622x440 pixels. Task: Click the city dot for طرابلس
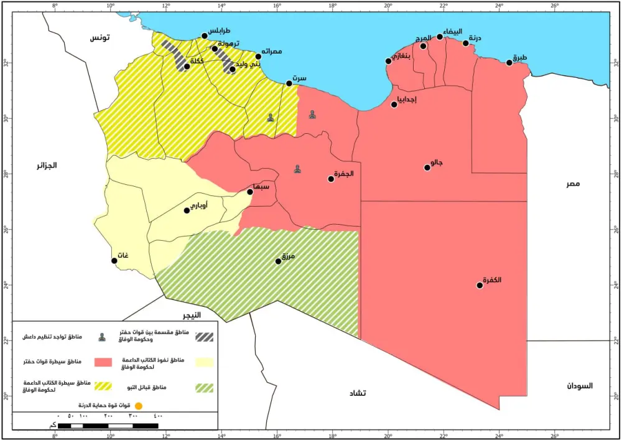tap(205, 36)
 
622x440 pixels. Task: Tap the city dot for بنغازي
tap(389, 61)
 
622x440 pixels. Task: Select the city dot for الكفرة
tap(480, 286)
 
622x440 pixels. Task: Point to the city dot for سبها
tap(250, 192)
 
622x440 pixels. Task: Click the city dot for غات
tap(114, 261)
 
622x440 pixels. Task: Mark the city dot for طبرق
tap(509, 63)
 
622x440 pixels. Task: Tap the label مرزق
tap(287, 256)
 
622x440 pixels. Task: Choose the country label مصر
tap(573, 184)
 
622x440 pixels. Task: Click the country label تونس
tap(100, 38)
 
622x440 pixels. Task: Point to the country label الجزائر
tap(47, 166)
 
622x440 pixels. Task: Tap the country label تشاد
tap(358, 393)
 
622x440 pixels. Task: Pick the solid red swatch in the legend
tap(103, 362)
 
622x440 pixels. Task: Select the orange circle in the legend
tap(139, 406)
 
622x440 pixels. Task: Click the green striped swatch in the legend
tap(204, 388)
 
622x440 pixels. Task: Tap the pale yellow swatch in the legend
tap(204, 362)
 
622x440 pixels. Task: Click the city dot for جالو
tap(427, 167)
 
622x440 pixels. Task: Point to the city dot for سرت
tap(289, 83)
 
